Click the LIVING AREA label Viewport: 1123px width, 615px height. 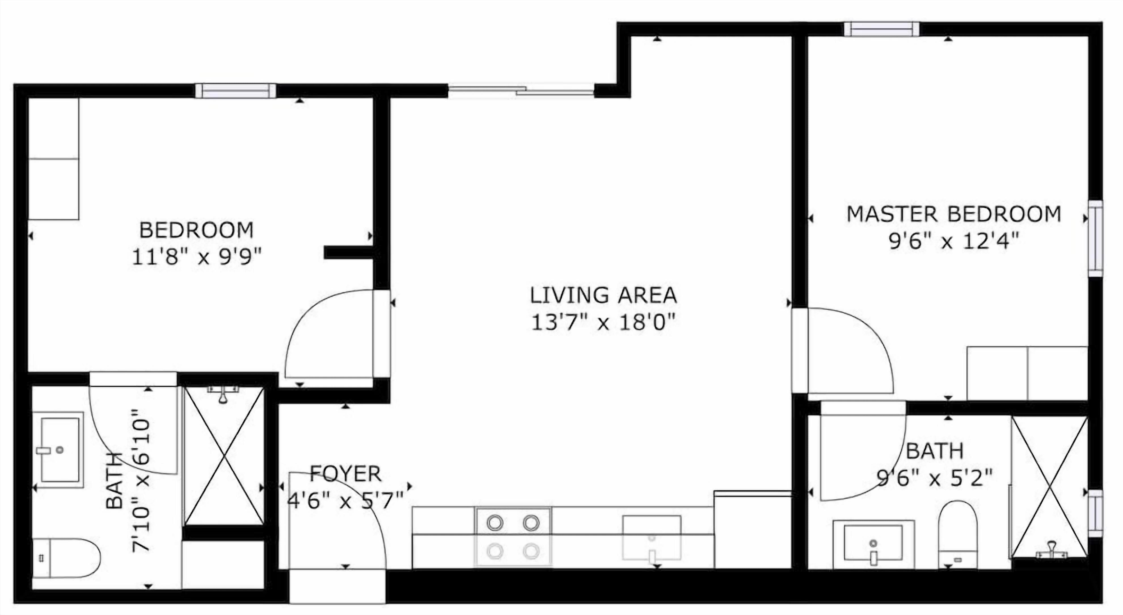(x=603, y=295)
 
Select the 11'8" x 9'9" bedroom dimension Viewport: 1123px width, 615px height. (x=197, y=257)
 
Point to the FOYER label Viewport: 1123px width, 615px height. (x=345, y=474)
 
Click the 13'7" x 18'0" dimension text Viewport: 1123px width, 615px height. (x=603, y=323)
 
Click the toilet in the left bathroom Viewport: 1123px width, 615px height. (x=66, y=558)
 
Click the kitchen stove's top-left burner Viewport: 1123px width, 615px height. (x=495, y=523)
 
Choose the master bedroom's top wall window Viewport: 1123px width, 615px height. (x=881, y=29)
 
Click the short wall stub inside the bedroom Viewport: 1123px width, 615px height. (x=348, y=252)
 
